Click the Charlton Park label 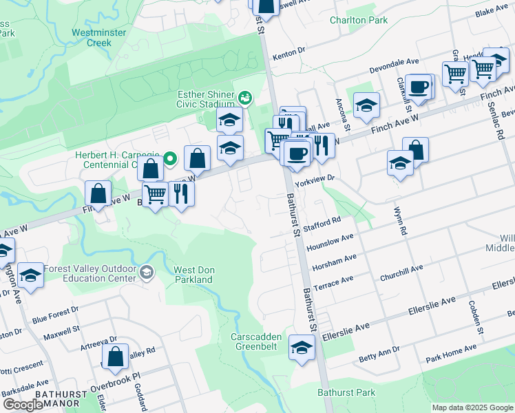click(x=358, y=21)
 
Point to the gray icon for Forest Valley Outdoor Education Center click(x=145, y=273)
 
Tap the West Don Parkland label click(x=193, y=275)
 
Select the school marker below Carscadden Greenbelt click(x=302, y=347)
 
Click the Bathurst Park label click(x=346, y=392)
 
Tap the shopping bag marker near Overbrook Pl click(x=115, y=356)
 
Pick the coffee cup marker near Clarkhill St click(x=418, y=87)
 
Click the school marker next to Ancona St click(x=366, y=105)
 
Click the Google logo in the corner click(x=23, y=405)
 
